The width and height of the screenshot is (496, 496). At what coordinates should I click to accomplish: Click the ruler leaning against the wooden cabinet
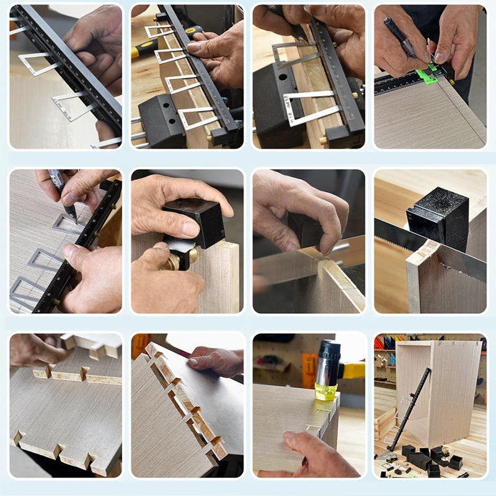pyautogui.click(x=409, y=409)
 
